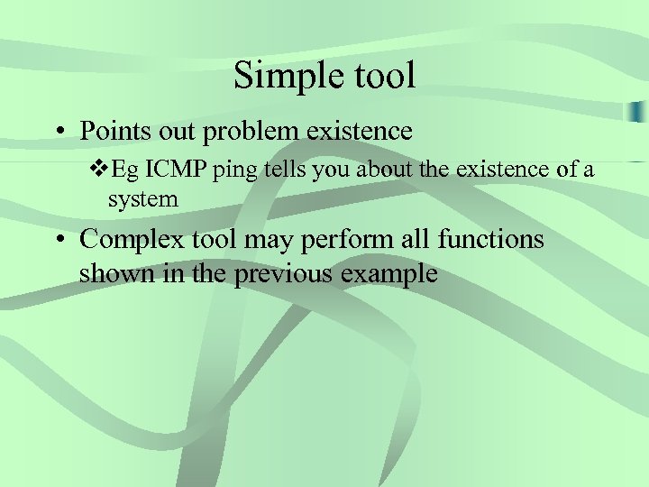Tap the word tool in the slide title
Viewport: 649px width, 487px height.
click(379, 75)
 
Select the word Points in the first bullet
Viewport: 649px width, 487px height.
click(114, 132)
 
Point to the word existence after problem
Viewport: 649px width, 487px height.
click(360, 132)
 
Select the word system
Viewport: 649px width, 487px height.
click(143, 199)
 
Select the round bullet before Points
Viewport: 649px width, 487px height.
click(58, 133)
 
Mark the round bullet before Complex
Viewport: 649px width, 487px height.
click(58, 240)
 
